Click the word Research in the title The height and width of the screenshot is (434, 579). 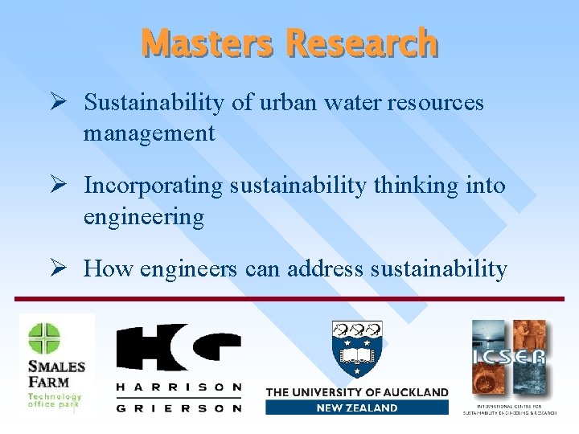coord(361,43)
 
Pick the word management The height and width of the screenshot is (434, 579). coord(149,133)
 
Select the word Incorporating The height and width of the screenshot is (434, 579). coord(153,186)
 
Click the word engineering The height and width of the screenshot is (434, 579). coord(143,217)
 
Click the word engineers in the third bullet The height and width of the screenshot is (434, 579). coord(188,268)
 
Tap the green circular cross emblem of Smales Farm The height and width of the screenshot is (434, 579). coord(44,338)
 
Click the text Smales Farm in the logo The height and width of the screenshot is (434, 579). coord(56,373)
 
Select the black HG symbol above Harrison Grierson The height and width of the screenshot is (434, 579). coord(179,347)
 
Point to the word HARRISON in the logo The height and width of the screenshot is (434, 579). coord(179,387)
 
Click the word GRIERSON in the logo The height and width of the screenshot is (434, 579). coord(179,407)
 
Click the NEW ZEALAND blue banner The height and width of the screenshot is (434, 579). coord(356,407)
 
